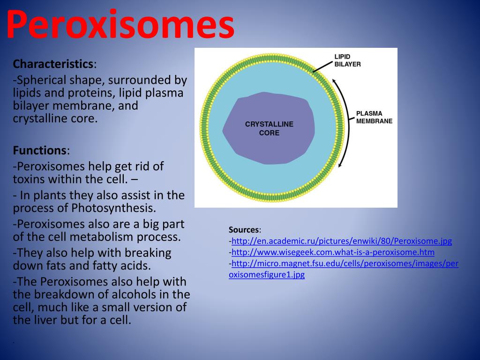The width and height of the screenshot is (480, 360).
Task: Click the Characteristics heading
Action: click(x=53, y=64)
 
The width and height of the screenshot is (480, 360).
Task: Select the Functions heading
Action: click(x=40, y=150)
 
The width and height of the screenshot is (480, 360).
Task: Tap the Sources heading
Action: click(x=244, y=230)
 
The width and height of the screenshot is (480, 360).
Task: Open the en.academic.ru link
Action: click(x=342, y=241)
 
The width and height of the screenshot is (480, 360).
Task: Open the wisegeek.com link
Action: click(x=333, y=252)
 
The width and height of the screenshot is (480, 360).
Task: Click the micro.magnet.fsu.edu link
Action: click(x=345, y=263)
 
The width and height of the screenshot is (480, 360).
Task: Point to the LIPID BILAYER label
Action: click(x=347, y=60)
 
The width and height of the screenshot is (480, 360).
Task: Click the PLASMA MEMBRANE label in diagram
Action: click(x=374, y=117)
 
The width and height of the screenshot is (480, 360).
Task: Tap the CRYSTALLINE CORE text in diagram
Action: click(x=269, y=128)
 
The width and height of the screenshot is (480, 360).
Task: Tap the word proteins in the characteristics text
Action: click(x=94, y=93)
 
